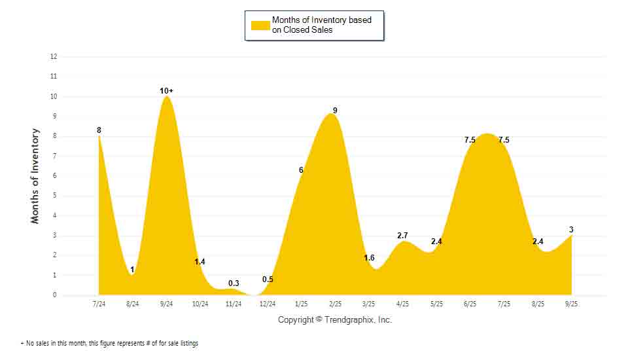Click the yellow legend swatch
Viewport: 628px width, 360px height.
point(260,25)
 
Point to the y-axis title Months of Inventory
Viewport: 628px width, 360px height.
point(35,176)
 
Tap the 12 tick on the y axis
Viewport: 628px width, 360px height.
point(54,57)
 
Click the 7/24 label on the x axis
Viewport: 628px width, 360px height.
point(99,304)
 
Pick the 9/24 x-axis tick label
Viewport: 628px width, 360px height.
point(166,304)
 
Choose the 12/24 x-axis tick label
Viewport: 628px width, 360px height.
point(268,304)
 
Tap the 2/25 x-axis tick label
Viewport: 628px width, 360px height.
point(335,304)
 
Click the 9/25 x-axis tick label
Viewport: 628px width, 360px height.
point(572,304)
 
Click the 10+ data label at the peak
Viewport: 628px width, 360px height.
point(167,90)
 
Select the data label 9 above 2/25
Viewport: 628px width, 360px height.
point(335,111)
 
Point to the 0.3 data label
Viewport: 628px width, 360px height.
point(234,283)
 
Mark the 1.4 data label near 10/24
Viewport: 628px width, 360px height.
point(200,262)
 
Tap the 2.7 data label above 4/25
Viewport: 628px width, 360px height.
point(403,236)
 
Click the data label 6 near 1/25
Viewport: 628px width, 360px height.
point(301,170)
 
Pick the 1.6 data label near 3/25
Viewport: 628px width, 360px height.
point(369,258)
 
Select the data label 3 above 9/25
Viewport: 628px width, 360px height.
point(571,229)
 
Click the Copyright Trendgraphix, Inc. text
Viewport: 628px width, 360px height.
point(335,320)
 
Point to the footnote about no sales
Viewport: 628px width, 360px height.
point(109,344)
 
